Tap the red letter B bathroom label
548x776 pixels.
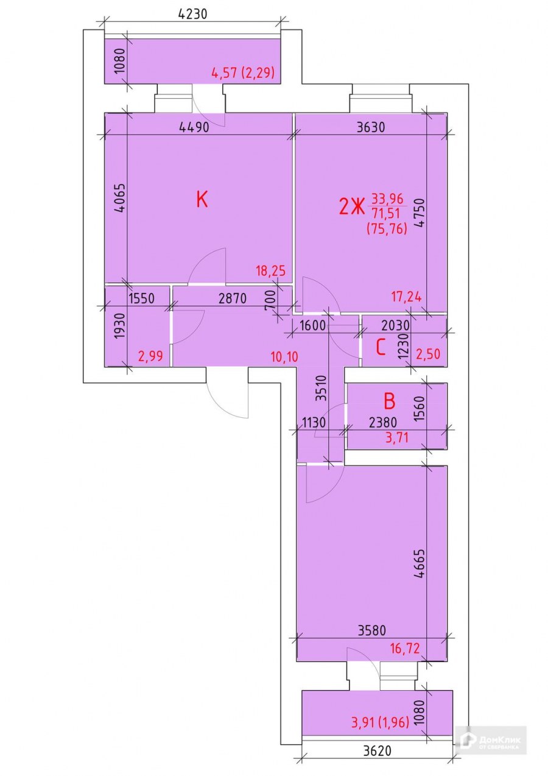[390, 401]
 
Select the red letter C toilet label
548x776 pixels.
[381, 347]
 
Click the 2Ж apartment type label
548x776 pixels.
[351, 208]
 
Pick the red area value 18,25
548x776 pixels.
[271, 271]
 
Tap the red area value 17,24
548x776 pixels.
[407, 297]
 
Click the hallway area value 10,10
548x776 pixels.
[284, 356]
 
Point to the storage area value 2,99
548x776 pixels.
[150, 356]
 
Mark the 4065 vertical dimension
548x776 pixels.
[119, 198]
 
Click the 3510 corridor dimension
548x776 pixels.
[322, 388]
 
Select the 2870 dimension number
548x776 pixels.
[233, 298]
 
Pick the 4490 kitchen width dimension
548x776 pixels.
[194, 127]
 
